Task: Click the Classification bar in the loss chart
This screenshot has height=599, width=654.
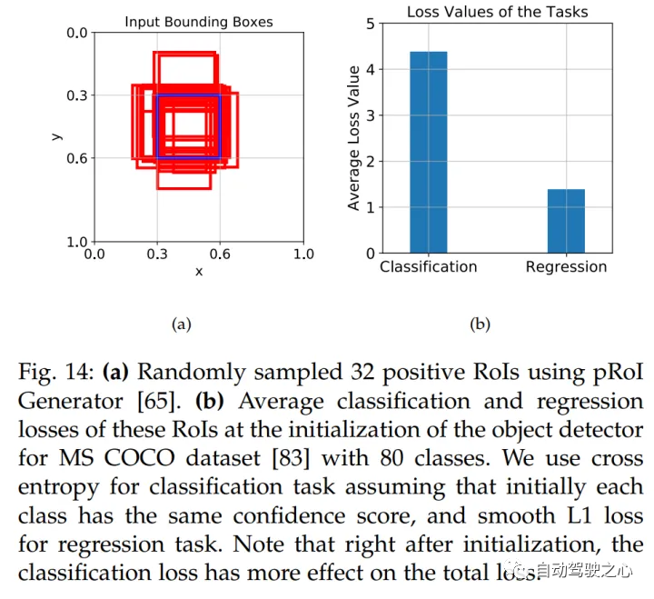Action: point(428,152)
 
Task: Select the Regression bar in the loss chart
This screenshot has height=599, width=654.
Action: point(566,221)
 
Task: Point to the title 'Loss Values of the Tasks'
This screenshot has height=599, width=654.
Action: point(497,12)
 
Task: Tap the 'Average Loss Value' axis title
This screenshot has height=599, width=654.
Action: point(353,144)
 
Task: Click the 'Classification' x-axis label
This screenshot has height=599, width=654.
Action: point(428,267)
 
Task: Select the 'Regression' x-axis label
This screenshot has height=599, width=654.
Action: point(566,267)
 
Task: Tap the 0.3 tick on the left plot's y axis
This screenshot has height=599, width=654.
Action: point(77,95)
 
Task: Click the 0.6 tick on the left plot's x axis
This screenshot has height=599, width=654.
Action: point(220,255)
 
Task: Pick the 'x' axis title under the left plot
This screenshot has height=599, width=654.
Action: point(198,272)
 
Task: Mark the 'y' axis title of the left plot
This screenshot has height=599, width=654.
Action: point(57,136)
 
